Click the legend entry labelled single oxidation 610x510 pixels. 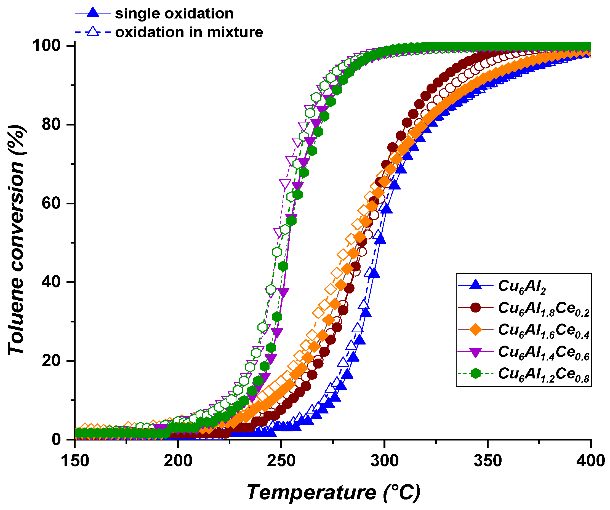(174, 14)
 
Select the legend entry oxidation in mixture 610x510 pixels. (189, 32)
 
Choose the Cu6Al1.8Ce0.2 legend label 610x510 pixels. (544, 308)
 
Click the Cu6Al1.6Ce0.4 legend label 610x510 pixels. (544, 330)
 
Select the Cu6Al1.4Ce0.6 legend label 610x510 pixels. (544, 352)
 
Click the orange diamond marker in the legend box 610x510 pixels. (476, 330)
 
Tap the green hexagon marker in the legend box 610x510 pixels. (476, 373)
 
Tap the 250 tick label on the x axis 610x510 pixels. (281, 461)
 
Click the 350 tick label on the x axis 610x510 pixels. (488, 461)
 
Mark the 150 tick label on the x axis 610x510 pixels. (75, 461)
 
